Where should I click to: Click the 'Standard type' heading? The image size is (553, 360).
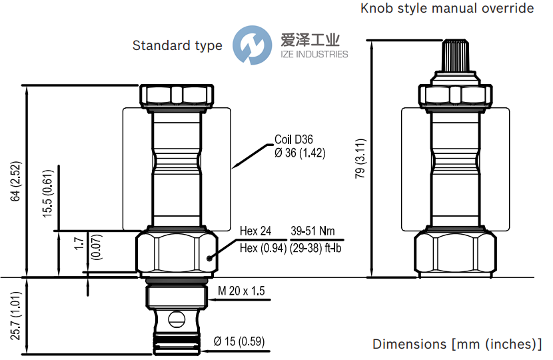pyautogui.click(x=177, y=45)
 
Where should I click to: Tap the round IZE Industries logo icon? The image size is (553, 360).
pyautogui.click(x=252, y=45)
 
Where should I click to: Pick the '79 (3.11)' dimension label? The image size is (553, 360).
pyautogui.click(x=360, y=159)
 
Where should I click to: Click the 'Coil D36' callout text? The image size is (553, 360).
pyautogui.click(x=294, y=140)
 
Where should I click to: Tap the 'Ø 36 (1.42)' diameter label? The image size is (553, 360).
pyautogui.click(x=300, y=153)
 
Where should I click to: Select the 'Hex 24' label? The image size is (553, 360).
pyautogui.click(x=255, y=232)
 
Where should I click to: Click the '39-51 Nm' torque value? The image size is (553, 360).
pyautogui.click(x=313, y=232)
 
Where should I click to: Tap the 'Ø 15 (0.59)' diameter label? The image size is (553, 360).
pyautogui.click(x=239, y=343)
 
